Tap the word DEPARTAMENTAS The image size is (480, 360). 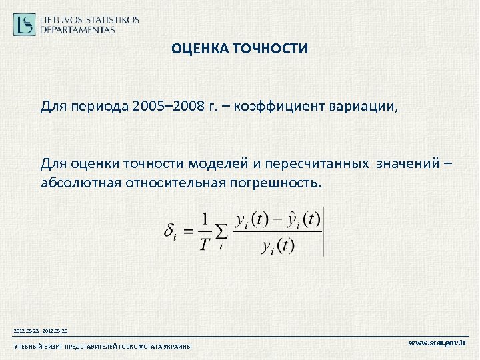click(x=77, y=29)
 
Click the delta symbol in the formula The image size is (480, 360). click(x=169, y=232)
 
